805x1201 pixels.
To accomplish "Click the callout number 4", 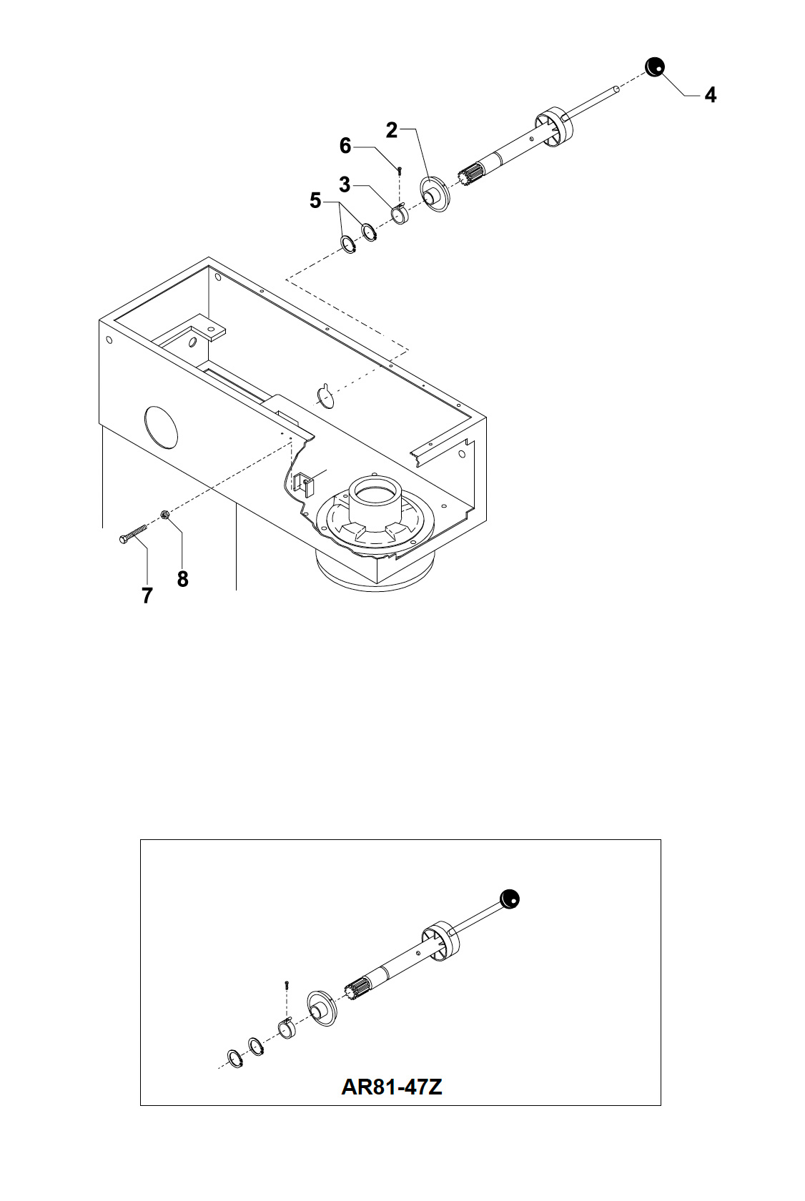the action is click(x=710, y=95).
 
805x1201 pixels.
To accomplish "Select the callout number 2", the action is click(x=392, y=130).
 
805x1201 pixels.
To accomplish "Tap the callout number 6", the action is click(x=345, y=146).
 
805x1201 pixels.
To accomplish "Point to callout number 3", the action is click(x=345, y=185).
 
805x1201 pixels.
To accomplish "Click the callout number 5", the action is click(x=315, y=201).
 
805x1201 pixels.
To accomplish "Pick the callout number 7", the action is click(x=147, y=595).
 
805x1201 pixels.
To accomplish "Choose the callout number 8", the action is click(x=183, y=579).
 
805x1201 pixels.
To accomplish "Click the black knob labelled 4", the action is click(x=654, y=66).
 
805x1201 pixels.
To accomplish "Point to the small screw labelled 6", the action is click(x=400, y=170).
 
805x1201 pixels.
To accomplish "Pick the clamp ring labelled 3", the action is click(x=400, y=214).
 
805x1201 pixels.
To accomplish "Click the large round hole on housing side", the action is click(x=161, y=427).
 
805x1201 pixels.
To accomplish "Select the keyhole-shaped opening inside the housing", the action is click(x=325, y=396).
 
